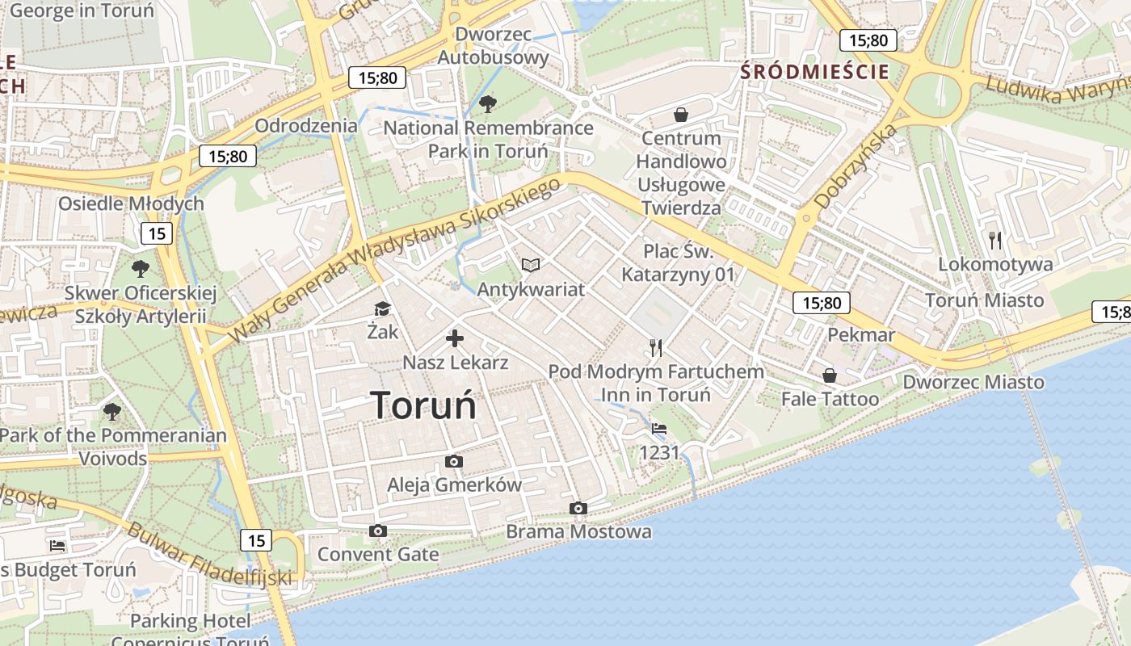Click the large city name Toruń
coord(424,405)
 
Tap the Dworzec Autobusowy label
coord(493,46)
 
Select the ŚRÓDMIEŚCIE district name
coord(815,72)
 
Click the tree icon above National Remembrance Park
coord(487,103)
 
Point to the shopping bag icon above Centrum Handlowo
coord(681,115)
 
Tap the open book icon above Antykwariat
coord(531,265)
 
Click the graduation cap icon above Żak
coord(382,308)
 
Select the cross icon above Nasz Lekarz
coord(455,338)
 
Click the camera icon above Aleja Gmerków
coord(454,461)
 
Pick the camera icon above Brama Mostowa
coord(578,508)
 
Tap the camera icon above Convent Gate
coord(377,531)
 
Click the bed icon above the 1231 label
coord(659,429)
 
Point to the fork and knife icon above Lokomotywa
coord(995,240)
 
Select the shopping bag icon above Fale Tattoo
coord(830,375)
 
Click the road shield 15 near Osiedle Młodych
coord(157,234)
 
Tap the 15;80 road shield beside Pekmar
coord(822,303)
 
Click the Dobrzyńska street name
coord(856,166)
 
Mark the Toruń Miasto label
coord(984,300)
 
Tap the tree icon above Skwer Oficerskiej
coord(141,268)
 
